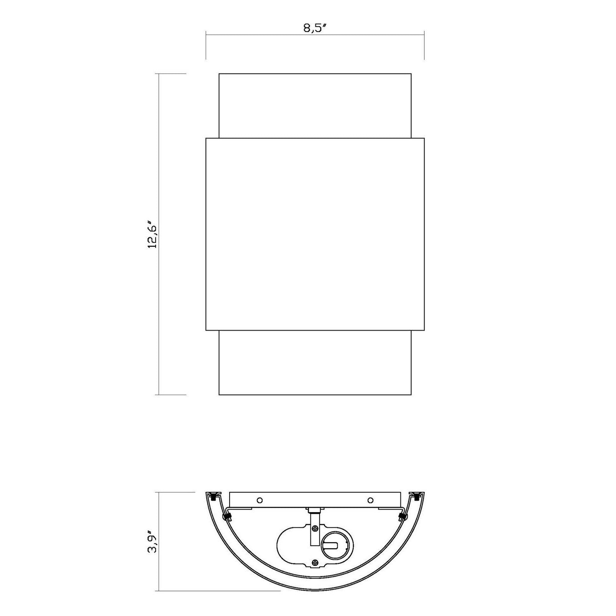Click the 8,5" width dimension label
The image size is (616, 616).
(315, 28)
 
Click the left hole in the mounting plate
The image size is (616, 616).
(259, 500)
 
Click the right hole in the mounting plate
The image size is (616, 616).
(370, 500)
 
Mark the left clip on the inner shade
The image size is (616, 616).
(226, 516)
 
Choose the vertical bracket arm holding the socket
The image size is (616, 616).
(315, 534)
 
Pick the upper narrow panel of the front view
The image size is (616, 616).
(315, 106)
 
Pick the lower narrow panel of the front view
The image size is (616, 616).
(315, 363)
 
